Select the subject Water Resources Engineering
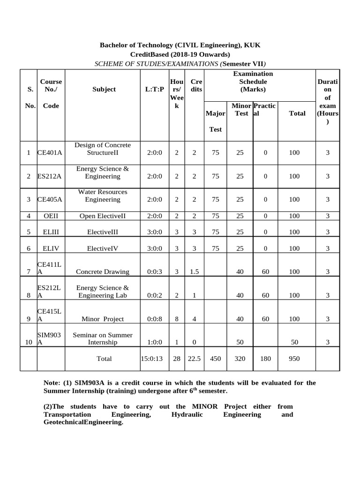(103, 195)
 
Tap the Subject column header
(104, 89)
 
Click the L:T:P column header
(155, 89)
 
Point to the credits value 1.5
(194, 272)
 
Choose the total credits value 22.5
(194, 359)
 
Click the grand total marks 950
(294, 359)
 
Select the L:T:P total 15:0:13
(151, 359)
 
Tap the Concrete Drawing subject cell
(103, 272)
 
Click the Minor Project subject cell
(103, 319)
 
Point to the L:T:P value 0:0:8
(155, 319)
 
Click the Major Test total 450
(215, 359)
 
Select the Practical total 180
(265, 359)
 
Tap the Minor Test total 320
(240, 359)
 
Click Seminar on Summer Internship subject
(103, 339)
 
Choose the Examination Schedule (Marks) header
(253, 82)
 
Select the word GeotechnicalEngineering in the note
(82, 422)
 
